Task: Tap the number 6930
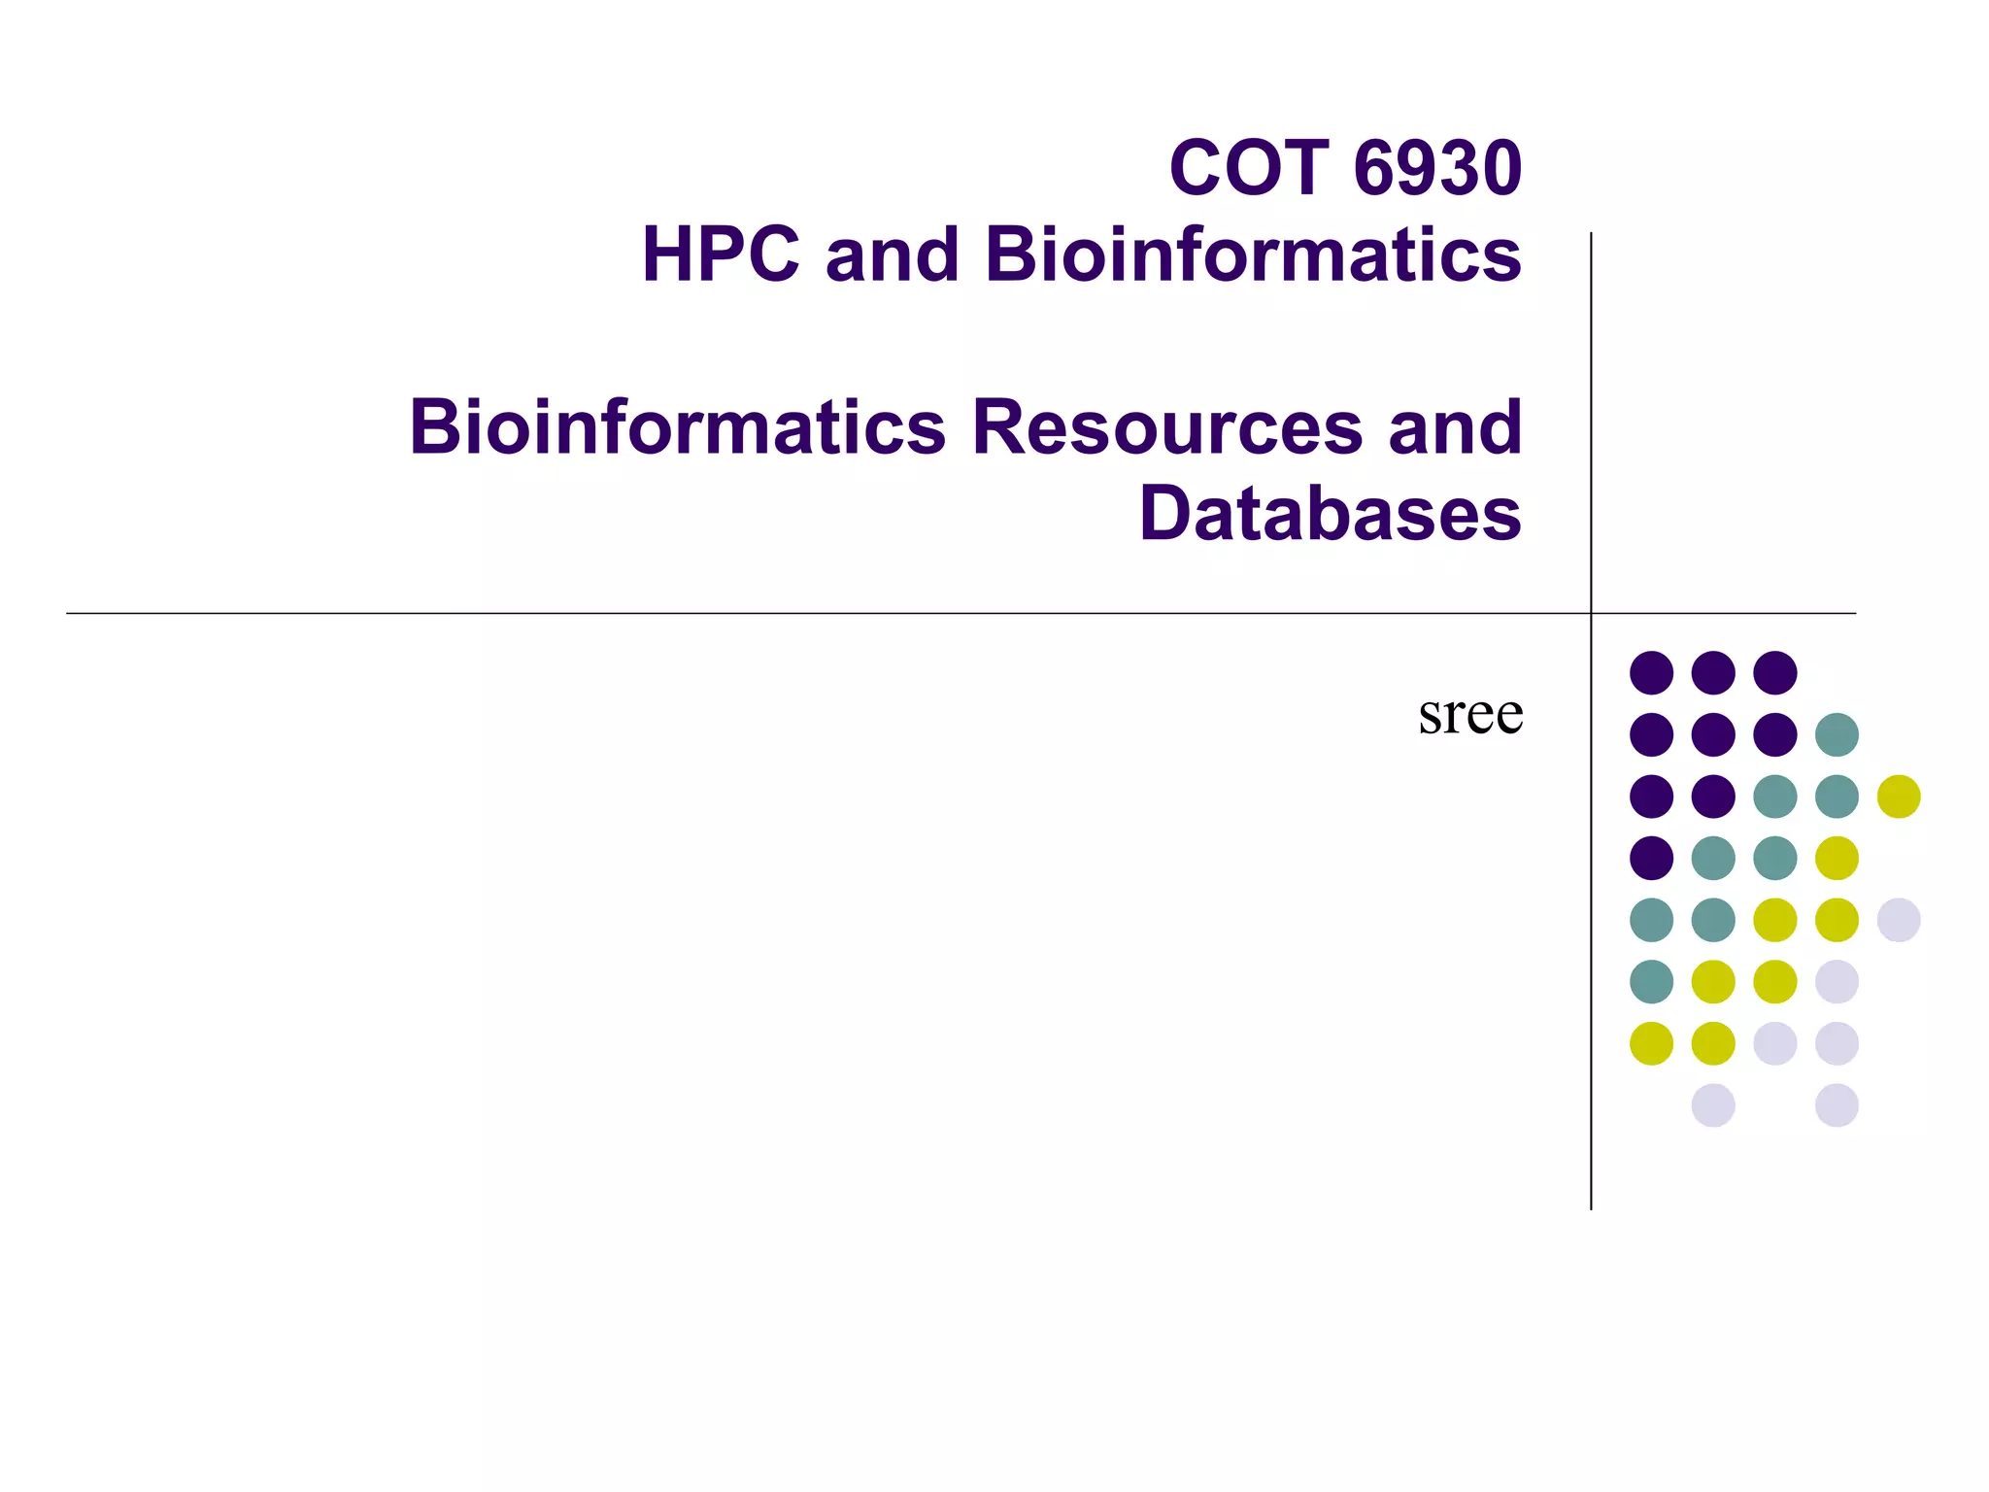pos(1437,168)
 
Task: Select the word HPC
pos(721,254)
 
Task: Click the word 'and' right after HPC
pos(892,254)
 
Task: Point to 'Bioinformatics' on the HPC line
pos(1253,254)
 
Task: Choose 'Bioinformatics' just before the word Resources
pos(678,427)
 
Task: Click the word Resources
pos(1167,427)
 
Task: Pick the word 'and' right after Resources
pos(1455,427)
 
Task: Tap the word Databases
pos(1331,513)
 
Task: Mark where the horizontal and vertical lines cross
pos(1591,613)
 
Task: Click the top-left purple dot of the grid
pos(1651,672)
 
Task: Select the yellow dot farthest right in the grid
pos(1899,797)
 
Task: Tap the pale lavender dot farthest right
pos(1899,920)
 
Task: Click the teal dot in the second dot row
pos(1837,734)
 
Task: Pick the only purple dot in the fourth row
pos(1651,858)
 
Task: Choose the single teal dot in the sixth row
pos(1651,981)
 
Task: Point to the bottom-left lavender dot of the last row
pos(1713,1105)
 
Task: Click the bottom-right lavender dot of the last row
pos(1837,1105)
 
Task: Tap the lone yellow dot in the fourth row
pos(1837,858)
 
